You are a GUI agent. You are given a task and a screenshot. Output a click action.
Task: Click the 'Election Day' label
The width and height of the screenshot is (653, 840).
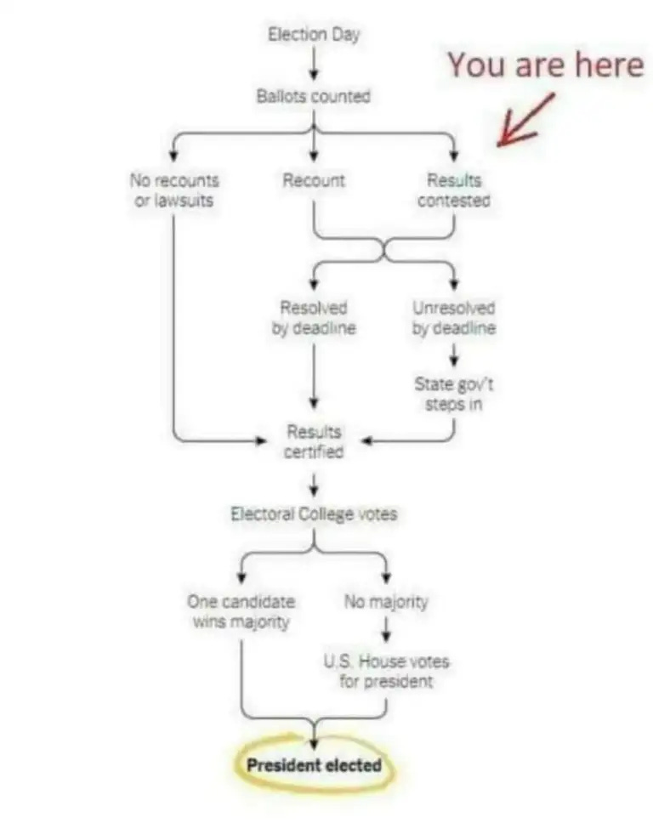314,35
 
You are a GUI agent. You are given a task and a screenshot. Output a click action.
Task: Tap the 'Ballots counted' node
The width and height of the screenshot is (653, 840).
314,96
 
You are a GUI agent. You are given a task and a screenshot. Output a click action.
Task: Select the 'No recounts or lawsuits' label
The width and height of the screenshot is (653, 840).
174,190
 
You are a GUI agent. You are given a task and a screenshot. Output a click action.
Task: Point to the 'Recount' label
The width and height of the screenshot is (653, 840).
314,180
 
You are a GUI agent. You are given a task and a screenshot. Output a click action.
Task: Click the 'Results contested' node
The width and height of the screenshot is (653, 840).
454,190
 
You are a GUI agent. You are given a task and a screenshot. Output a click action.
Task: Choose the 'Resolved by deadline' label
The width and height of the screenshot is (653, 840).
314,318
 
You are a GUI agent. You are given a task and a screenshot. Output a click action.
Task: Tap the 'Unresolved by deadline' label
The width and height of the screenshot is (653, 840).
454,318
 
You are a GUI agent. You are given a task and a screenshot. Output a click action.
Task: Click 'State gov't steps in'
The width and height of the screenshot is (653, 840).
454,394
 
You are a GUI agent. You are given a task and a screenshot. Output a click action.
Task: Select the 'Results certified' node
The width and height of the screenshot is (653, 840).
314,442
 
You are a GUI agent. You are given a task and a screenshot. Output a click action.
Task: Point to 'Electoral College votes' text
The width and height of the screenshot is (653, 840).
314,514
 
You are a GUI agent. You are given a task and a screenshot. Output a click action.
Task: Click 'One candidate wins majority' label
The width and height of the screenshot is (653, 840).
241,611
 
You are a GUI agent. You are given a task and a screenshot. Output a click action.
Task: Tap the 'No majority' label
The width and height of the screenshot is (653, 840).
386,602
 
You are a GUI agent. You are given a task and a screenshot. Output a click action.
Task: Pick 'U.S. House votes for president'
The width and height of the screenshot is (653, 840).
386,671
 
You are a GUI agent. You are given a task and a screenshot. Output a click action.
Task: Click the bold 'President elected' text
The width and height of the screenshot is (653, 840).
314,765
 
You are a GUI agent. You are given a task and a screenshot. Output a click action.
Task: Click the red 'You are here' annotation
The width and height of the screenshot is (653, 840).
545,65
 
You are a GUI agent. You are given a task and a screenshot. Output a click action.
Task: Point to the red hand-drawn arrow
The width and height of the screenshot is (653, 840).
525,120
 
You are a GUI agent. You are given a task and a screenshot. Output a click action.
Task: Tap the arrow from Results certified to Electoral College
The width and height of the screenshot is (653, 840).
314,483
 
